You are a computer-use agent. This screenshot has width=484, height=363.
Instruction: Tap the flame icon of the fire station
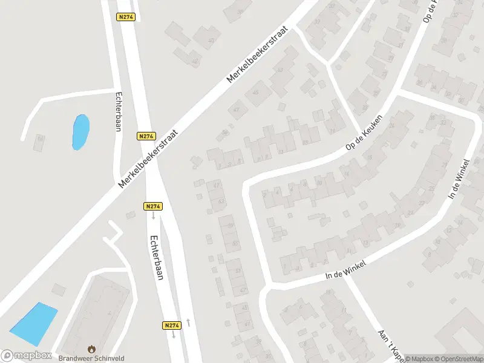[x=91, y=349]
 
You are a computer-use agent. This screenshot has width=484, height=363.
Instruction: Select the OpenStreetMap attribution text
[x=457, y=359]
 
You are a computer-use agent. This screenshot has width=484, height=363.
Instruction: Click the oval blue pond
[x=80, y=132]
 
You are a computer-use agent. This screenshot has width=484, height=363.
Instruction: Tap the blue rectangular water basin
[x=34, y=320]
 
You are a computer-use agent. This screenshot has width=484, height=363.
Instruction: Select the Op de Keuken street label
[x=364, y=133]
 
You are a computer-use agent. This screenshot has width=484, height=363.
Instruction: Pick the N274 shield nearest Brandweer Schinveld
[x=172, y=325]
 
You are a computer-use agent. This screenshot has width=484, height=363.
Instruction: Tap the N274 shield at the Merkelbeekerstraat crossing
[x=146, y=137]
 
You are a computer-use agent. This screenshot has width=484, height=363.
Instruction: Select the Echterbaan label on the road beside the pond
[x=119, y=110]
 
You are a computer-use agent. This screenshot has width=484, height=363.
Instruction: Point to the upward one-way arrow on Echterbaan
[x=189, y=322]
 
